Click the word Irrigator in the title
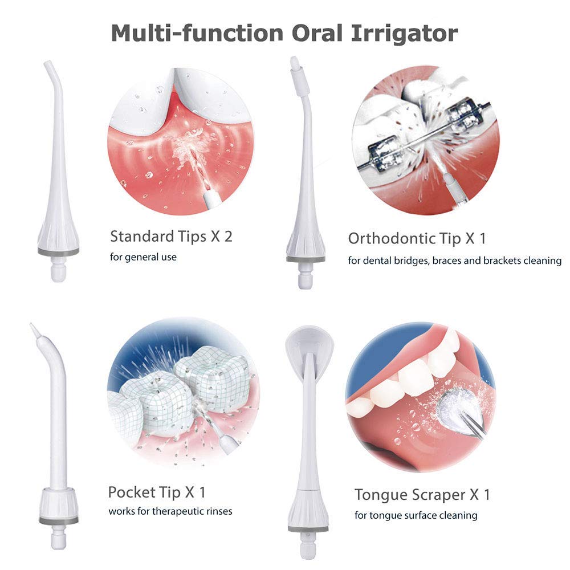click(404, 34)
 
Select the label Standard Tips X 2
click(171, 237)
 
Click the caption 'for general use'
click(143, 257)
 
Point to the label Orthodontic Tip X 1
click(417, 238)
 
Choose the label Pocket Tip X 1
click(157, 492)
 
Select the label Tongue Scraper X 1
click(422, 495)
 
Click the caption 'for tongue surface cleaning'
click(416, 515)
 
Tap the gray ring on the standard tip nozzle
click(58, 251)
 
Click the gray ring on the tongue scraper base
click(308, 528)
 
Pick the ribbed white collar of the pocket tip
click(59, 503)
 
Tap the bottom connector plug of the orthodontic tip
click(306, 275)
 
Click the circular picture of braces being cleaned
click(426, 140)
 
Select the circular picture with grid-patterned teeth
click(183, 392)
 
